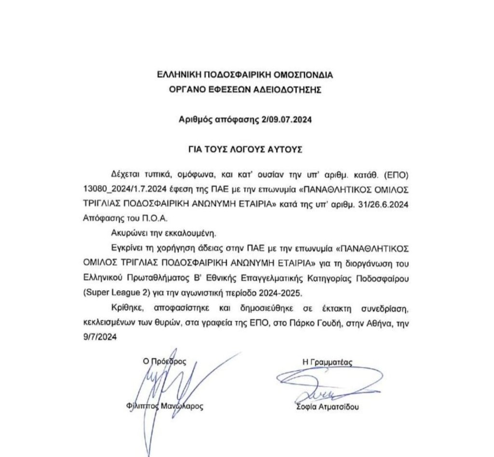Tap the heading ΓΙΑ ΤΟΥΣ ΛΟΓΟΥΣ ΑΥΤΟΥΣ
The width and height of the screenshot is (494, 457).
click(245, 149)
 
